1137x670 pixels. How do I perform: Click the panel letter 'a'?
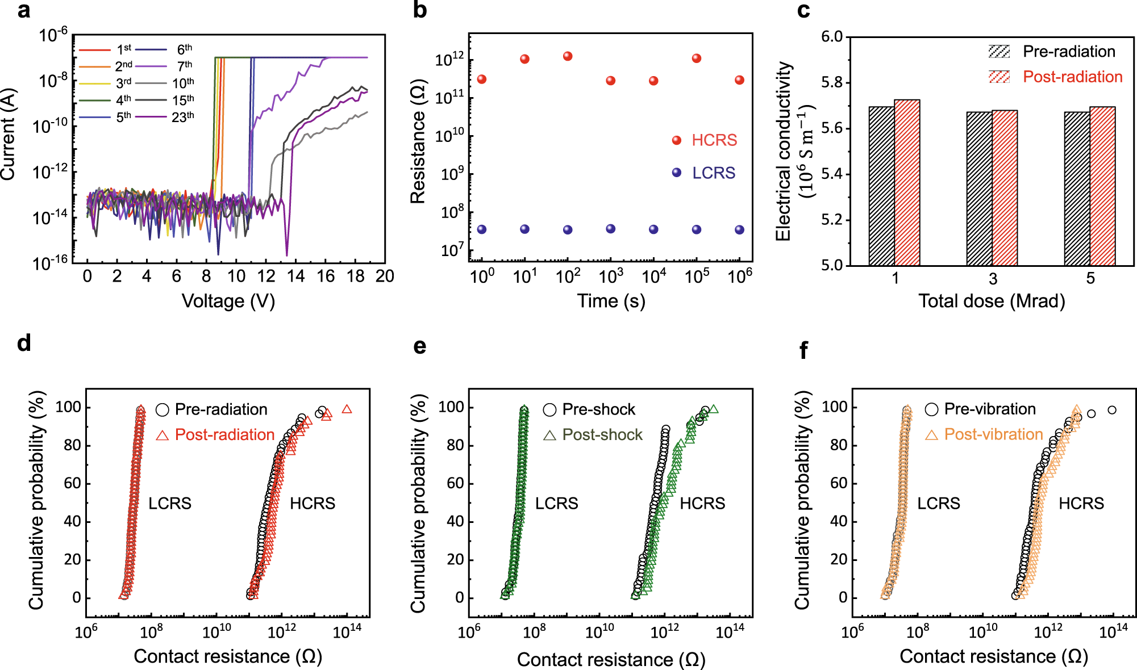[x=23, y=11]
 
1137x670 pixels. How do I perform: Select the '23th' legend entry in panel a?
[x=182, y=117]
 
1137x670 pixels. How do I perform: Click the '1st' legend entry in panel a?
[x=123, y=49]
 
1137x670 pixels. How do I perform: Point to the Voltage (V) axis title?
[x=228, y=301]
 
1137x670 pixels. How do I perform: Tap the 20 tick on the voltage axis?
[x=385, y=277]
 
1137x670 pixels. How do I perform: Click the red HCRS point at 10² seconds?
[x=568, y=56]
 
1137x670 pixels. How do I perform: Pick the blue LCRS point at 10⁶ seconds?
[x=739, y=230]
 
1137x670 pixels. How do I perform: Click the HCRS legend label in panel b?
[x=714, y=140]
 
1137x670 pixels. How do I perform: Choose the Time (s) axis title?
[x=611, y=301]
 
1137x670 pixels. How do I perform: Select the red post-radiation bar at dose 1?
[x=907, y=183]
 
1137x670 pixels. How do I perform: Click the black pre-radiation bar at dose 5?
[x=1077, y=189]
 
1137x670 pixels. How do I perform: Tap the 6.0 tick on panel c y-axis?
[x=832, y=37]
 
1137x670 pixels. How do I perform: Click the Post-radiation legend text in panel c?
[x=1072, y=77]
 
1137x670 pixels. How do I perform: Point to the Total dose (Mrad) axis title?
[x=992, y=301]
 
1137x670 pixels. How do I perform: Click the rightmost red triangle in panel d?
[x=347, y=409]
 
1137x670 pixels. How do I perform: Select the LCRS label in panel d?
[x=169, y=504]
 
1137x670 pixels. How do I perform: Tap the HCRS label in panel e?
[x=702, y=504]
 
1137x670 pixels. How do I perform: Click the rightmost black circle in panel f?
[x=1112, y=410]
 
